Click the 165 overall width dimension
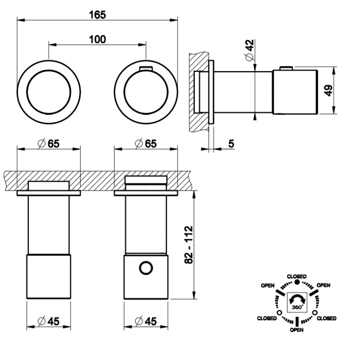(97, 14)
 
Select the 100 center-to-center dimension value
(97, 39)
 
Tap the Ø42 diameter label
(249, 49)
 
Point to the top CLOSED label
(297, 276)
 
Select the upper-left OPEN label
(268, 285)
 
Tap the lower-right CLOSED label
(327, 318)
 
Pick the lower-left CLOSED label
(266, 318)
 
